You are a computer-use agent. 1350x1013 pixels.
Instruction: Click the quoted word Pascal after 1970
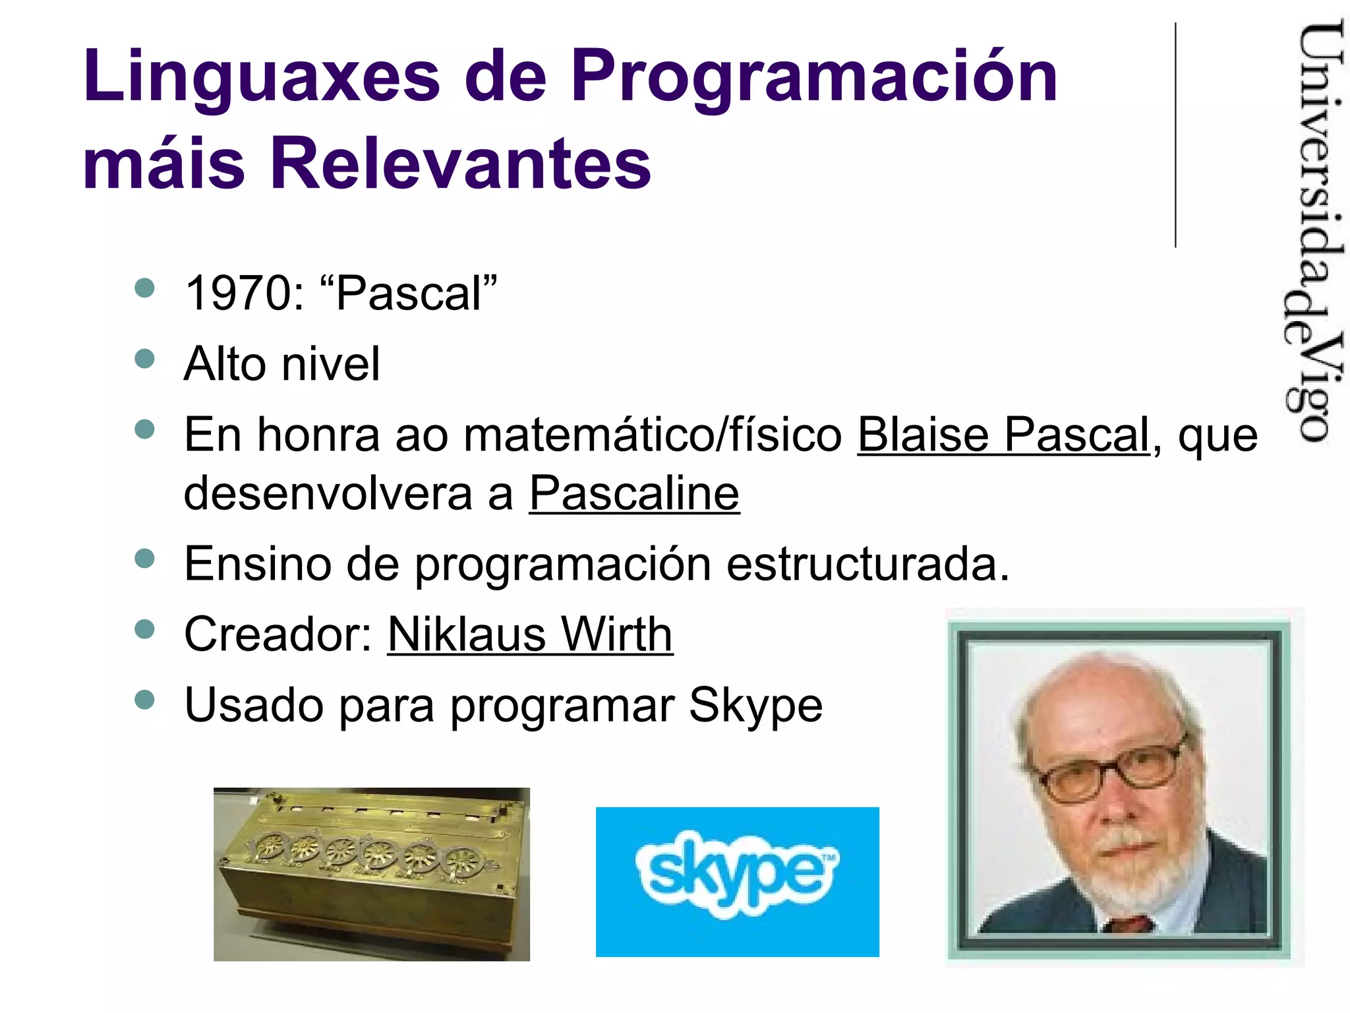408,293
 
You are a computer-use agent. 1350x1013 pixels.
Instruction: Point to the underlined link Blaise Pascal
1003,435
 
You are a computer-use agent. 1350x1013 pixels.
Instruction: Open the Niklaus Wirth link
530,634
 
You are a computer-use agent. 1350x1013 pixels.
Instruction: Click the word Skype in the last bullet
755,706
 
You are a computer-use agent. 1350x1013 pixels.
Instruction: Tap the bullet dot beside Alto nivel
144,359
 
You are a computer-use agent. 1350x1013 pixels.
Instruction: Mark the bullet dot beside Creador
144,629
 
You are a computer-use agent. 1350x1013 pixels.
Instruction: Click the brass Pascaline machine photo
371,874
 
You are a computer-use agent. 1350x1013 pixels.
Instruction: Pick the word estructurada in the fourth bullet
867,565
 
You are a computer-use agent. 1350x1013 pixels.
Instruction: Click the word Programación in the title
814,77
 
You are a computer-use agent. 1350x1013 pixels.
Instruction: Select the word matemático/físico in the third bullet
653,435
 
